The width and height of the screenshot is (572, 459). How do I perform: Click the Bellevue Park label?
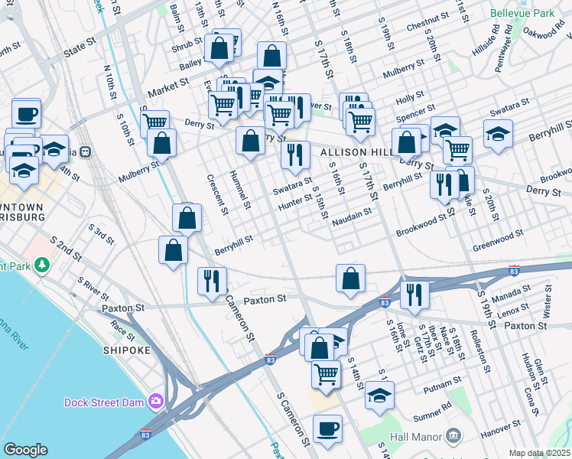click(x=528, y=14)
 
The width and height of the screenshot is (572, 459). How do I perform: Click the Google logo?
click(x=25, y=450)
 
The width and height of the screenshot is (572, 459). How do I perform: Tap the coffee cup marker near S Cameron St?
click(x=328, y=429)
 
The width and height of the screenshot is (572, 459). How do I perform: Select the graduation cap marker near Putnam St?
click(x=379, y=396)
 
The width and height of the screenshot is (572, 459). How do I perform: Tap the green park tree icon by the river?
click(x=42, y=265)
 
